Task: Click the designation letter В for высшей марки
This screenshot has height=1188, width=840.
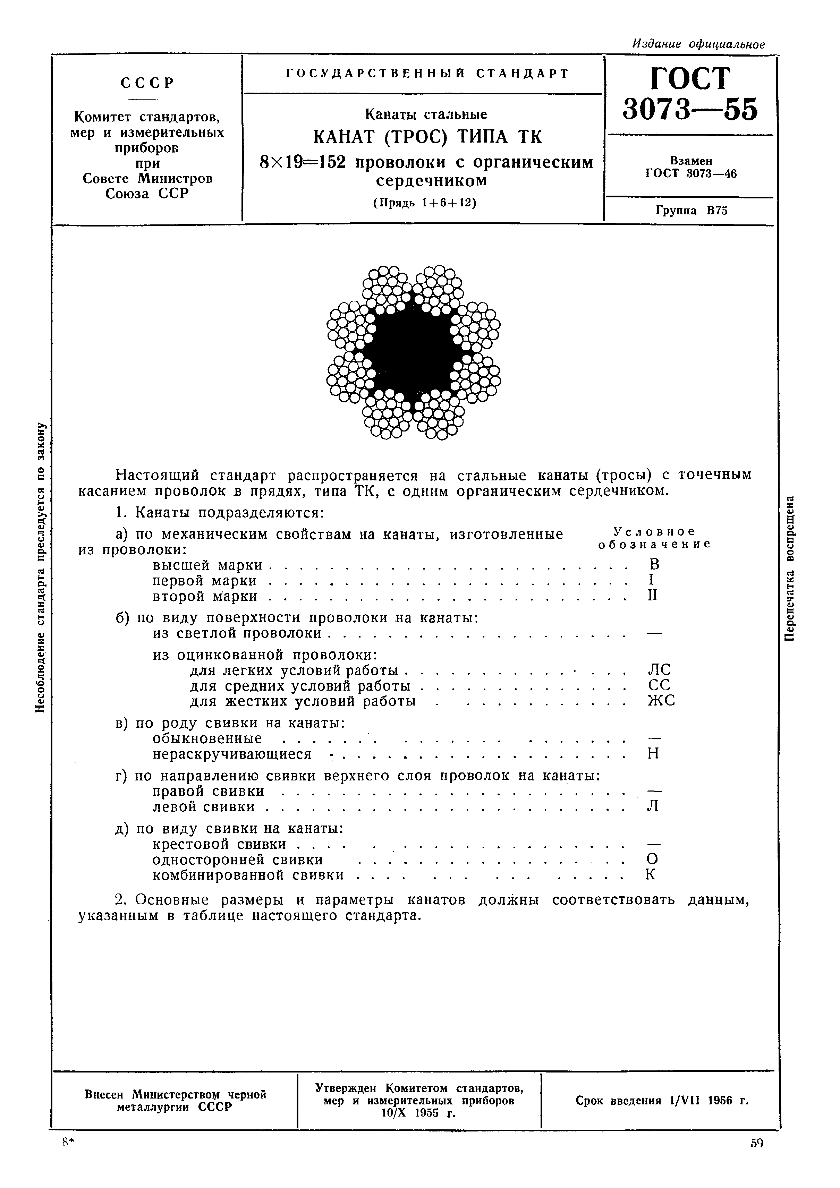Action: (x=654, y=564)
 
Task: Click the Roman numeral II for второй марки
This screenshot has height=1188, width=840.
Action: (x=653, y=596)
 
